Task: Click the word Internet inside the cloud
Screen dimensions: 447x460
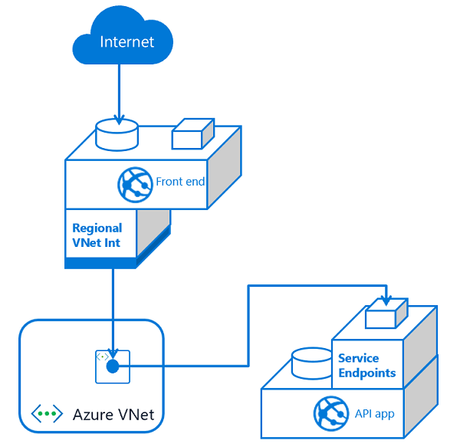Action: [x=127, y=41]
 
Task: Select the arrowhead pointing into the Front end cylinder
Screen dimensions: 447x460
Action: [x=119, y=119]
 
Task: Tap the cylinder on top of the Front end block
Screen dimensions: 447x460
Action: [x=117, y=135]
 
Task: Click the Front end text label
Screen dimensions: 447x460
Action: [x=180, y=182]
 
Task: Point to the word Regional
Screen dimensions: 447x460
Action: [x=97, y=228]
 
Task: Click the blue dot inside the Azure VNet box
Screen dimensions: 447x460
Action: [x=113, y=366]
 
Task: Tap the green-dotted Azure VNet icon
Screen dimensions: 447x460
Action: [x=47, y=414]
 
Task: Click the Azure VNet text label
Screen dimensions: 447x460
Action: [x=113, y=415]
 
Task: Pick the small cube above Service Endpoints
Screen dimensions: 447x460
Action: [x=386, y=314]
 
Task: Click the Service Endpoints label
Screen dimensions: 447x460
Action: [x=366, y=366]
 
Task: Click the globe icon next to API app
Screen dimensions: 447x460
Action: [x=331, y=414]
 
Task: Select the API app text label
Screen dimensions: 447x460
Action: [x=374, y=414]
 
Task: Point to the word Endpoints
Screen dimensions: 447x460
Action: [x=366, y=373]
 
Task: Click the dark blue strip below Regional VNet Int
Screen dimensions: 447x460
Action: [x=100, y=263]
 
